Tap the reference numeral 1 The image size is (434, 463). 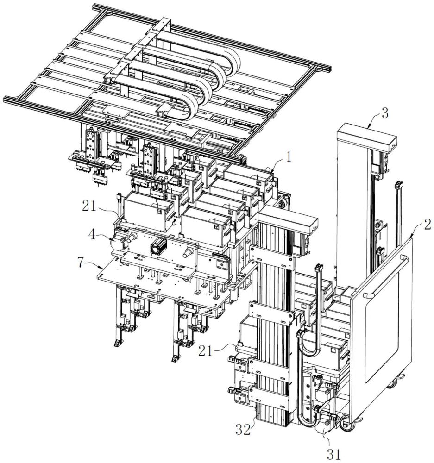289,157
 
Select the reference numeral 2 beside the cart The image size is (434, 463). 427,225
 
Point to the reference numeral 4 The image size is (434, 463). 93,235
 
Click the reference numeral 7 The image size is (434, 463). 80,262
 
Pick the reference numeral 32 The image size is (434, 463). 244,429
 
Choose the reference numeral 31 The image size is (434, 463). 333,454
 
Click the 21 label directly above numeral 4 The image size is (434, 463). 89,206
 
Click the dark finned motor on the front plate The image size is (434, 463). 158,246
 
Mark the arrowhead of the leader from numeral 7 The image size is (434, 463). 102,267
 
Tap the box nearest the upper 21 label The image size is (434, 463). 148,212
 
